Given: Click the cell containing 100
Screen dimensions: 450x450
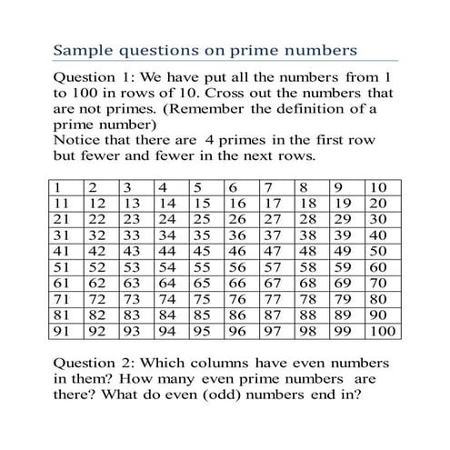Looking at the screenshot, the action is pyautogui.click(x=384, y=333).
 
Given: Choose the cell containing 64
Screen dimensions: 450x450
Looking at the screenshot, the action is pyautogui.click(x=168, y=285).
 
